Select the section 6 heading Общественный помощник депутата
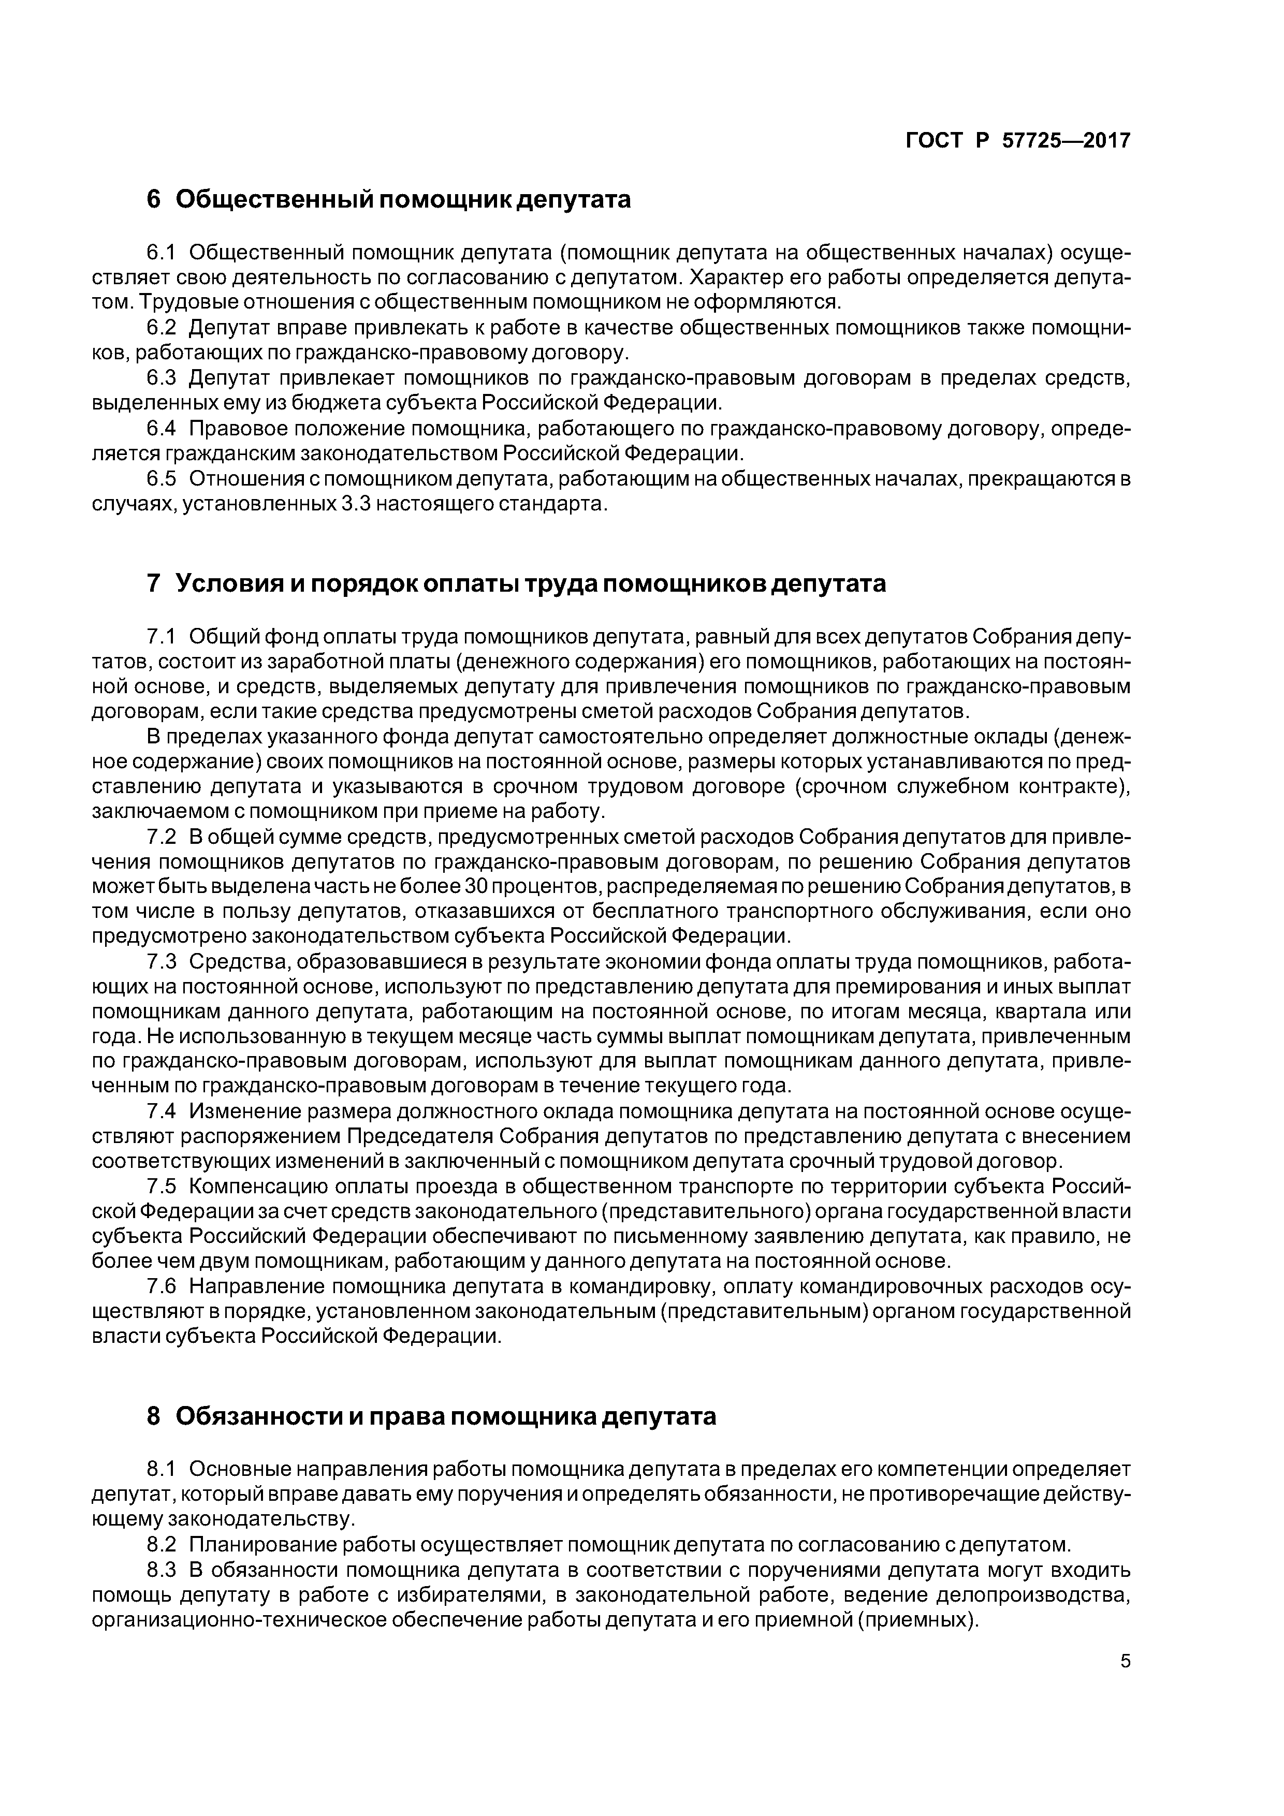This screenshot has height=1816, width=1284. pyautogui.click(x=389, y=200)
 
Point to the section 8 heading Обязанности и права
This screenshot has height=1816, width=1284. pyautogui.click(x=432, y=1416)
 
